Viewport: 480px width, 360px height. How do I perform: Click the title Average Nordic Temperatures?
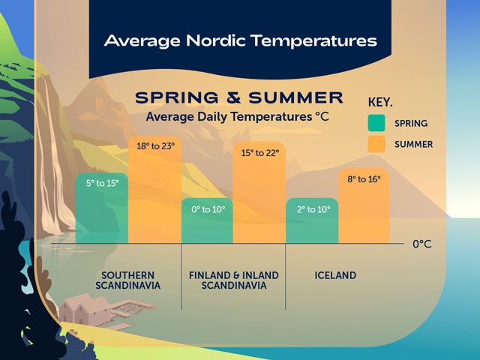pyautogui.click(x=240, y=39)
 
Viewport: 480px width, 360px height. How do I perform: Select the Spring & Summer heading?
pyautogui.click(x=238, y=98)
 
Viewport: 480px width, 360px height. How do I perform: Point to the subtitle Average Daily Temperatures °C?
pyautogui.click(x=238, y=117)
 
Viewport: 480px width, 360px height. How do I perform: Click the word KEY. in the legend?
pyautogui.click(x=381, y=101)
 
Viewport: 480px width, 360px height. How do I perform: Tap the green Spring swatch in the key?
pyautogui.click(x=376, y=122)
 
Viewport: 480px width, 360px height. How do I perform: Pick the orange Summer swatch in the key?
pyautogui.click(x=376, y=144)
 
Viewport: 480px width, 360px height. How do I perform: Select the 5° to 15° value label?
pyautogui.click(x=103, y=182)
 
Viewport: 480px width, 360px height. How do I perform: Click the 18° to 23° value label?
pyautogui.click(x=155, y=145)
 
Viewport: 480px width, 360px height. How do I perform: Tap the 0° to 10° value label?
pyautogui.click(x=208, y=209)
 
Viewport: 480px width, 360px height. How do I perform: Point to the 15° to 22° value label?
pyautogui.click(x=259, y=152)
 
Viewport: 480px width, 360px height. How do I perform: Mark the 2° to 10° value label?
pyautogui.click(x=313, y=209)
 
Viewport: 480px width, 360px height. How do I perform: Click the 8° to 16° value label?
pyautogui.click(x=364, y=178)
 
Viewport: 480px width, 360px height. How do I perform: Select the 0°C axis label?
pyautogui.click(x=422, y=244)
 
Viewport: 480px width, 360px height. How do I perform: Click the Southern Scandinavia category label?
pyautogui.click(x=128, y=280)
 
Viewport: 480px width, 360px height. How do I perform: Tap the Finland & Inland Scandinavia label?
pyautogui.click(x=234, y=280)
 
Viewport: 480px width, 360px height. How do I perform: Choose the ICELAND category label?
pyautogui.click(x=334, y=275)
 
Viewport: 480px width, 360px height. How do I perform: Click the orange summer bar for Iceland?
pyautogui.click(x=364, y=214)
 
